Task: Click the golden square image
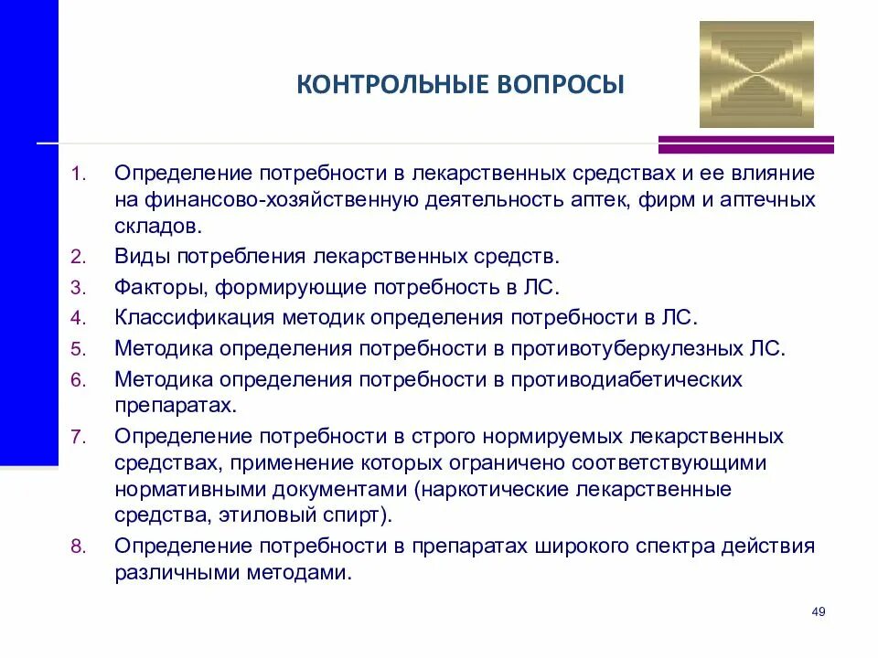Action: pyautogui.click(x=756, y=75)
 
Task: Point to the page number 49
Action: pyautogui.click(x=819, y=611)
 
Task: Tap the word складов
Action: pyautogui.click(x=153, y=225)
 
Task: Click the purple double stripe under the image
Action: pyautogui.click(x=746, y=144)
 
